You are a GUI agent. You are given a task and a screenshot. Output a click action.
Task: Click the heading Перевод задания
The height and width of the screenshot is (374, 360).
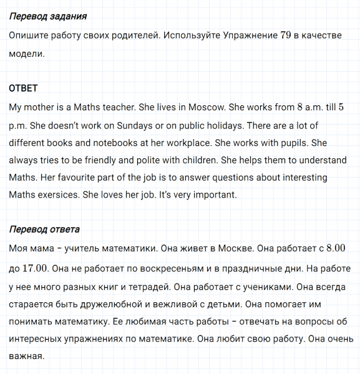click(48, 16)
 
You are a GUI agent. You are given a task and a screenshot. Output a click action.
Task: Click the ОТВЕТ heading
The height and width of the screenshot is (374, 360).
click(24, 88)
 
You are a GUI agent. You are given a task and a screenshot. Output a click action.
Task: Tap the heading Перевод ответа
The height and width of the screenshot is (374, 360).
click(45, 229)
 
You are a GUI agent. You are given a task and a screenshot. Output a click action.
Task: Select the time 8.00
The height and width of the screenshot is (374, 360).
click(332, 248)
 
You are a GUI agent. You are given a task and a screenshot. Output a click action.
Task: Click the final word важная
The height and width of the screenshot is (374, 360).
click(26, 357)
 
